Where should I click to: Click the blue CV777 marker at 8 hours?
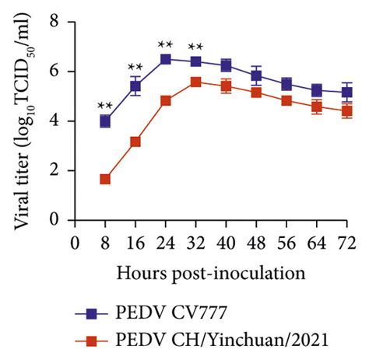pyautogui.click(x=105, y=121)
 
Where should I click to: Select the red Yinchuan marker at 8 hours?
pyautogui.click(x=105, y=179)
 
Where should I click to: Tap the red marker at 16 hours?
pyautogui.click(x=135, y=142)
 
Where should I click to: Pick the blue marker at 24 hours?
pyautogui.click(x=166, y=59)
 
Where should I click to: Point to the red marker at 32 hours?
pyautogui.click(x=196, y=82)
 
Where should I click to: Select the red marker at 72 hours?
pyautogui.click(x=347, y=110)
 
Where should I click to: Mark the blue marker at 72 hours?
pyautogui.click(x=347, y=92)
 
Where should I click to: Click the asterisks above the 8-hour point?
pyautogui.click(x=105, y=106)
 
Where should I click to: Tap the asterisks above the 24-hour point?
pyautogui.click(x=166, y=44)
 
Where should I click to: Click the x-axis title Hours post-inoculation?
pyautogui.click(x=210, y=274)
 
